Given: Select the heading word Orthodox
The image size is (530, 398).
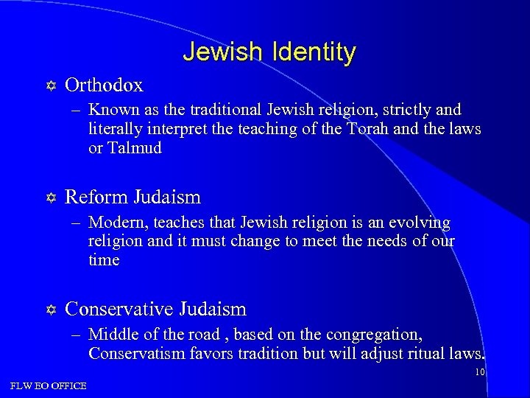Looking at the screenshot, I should pos(104,85).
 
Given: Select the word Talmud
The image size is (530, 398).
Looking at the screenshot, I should pos(135,147).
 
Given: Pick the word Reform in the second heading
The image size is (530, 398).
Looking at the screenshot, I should pos(96,197).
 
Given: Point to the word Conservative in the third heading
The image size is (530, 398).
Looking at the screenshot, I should pos(119,309).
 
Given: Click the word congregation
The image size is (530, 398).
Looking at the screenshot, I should pos(375,335).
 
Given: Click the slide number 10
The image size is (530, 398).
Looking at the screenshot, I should pos(479,372).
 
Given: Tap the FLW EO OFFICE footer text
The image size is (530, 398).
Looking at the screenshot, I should pos(49,385).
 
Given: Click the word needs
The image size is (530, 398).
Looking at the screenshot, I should pos(383,241).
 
